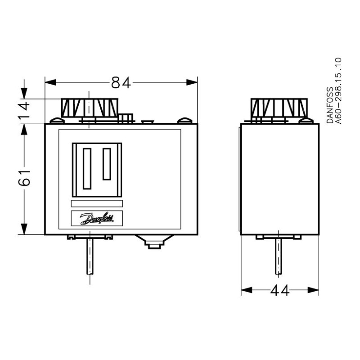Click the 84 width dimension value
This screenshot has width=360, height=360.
(121, 83)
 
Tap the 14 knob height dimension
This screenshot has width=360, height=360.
(24, 109)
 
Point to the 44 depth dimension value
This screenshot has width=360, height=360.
(279, 291)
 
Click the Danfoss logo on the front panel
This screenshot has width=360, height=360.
(97, 218)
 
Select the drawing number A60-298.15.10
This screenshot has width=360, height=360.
(339, 91)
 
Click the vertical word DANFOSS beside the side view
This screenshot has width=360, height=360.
(330, 105)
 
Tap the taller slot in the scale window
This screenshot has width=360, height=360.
(87, 169)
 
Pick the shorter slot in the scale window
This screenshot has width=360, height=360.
(107, 164)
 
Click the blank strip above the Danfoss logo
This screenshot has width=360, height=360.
(97, 204)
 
